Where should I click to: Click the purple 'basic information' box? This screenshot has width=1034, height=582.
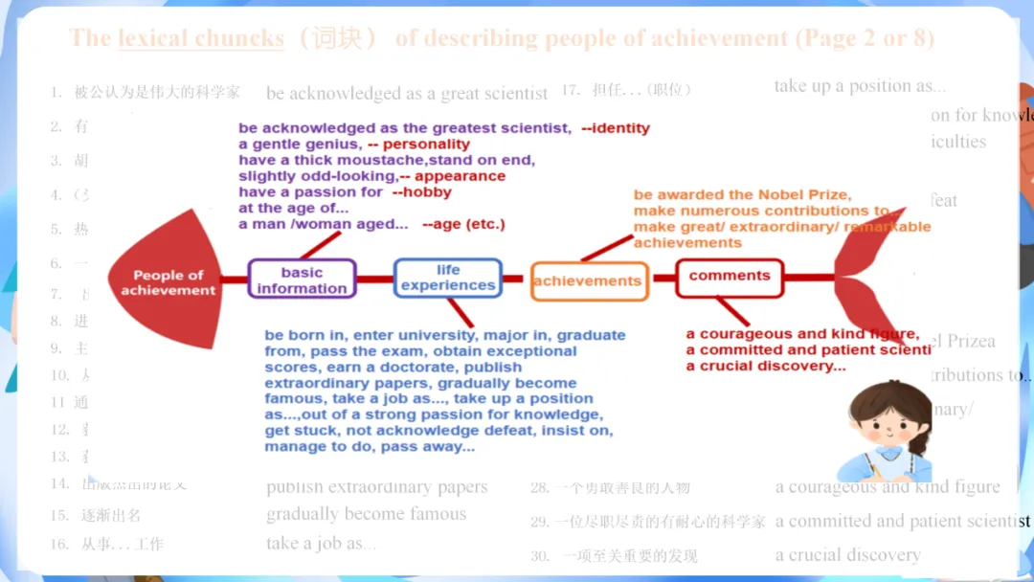click(x=302, y=280)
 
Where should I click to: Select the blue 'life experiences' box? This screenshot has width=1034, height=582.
click(x=448, y=278)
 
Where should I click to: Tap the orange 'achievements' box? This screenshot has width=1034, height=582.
click(x=587, y=280)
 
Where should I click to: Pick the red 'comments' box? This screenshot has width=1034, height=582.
click(x=730, y=277)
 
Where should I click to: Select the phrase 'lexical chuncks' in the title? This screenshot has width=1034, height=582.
click(x=201, y=38)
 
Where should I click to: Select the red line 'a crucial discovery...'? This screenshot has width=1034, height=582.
click(x=766, y=366)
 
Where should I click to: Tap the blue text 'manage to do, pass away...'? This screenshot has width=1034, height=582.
click(x=370, y=447)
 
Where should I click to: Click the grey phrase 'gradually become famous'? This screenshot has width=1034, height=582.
click(x=366, y=514)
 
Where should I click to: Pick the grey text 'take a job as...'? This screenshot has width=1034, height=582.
click(x=321, y=543)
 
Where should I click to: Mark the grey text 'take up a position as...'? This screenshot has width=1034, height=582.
click(x=860, y=86)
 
